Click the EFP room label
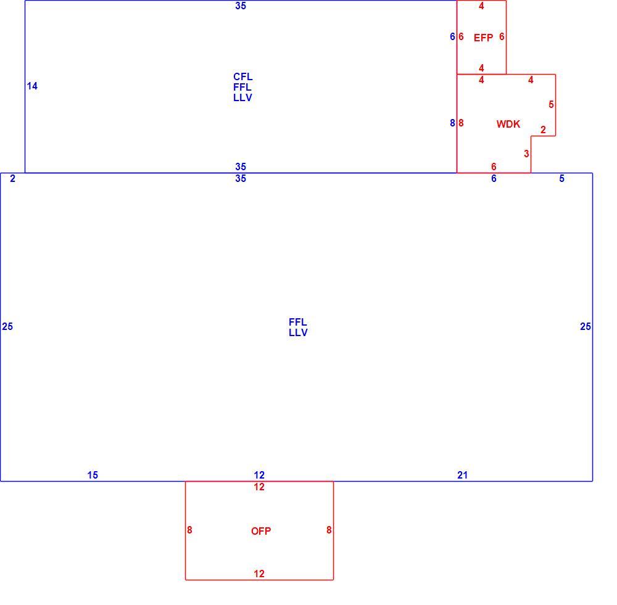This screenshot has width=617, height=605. pyautogui.click(x=483, y=38)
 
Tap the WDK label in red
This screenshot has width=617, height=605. pyautogui.click(x=508, y=125)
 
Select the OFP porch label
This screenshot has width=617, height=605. pyautogui.click(x=261, y=531)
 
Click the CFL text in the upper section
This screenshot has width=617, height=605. pyautogui.click(x=242, y=76)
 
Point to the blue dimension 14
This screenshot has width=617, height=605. pyautogui.click(x=32, y=86)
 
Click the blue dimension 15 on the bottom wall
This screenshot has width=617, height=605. pyautogui.click(x=93, y=475)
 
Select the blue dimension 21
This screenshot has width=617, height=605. pyautogui.click(x=462, y=475)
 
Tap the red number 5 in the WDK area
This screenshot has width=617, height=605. pyautogui.click(x=551, y=105)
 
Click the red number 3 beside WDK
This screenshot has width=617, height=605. pyautogui.click(x=526, y=154)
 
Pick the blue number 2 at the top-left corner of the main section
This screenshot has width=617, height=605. pyautogui.click(x=12, y=179)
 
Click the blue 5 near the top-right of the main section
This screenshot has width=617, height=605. pyautogui.click(x=561, y=179)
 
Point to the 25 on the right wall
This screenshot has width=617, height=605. pyautogui.click(x=586, y=326)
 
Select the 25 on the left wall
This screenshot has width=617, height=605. pyautogui.click(x=7, y=326)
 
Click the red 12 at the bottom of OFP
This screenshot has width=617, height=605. pyautogui.click(x=259, y=574)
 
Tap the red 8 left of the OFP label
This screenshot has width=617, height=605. pyautogui.click(x=189, y=530)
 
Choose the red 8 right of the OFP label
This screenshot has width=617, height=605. pyautogui.click(x=329, y=530)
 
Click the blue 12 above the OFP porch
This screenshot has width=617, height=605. pyautogui.click(x=259, y=475)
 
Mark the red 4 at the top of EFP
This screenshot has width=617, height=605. pyautogui.click(x=481, y=6)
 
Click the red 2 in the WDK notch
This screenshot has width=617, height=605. pyautogui.click(x=544, y=130)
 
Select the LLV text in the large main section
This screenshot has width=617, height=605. pyautogui.click(x=298, y=333)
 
